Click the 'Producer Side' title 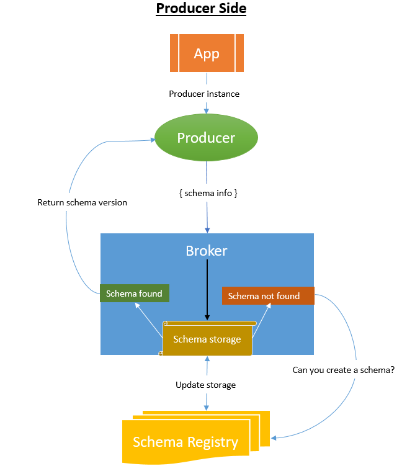(x=201, y=9)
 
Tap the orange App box (x=207, y=53)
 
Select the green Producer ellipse (x=206, y=137)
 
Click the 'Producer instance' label (x=204, y=94)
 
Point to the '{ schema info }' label (x=208, y=193)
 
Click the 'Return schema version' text (x=83, y=202)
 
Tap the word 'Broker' (x=207, y=251)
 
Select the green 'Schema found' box (x=135, y=293)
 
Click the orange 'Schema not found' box (x=268, y=295)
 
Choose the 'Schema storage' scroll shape (x=207, y=339)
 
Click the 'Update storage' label (x=205, y=385)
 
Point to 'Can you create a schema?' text (x=344, y=370)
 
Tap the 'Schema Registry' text (x=185, y=442)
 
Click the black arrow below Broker (x=207, y=290)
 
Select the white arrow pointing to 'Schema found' (x=149, y=320)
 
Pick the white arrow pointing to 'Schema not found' (x=261, y=320)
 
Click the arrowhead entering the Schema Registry (x=274, y=438)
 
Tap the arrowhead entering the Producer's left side (x=153, y=140)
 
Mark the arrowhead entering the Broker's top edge (x=207, y=230)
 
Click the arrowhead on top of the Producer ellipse (x=206, y=111)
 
